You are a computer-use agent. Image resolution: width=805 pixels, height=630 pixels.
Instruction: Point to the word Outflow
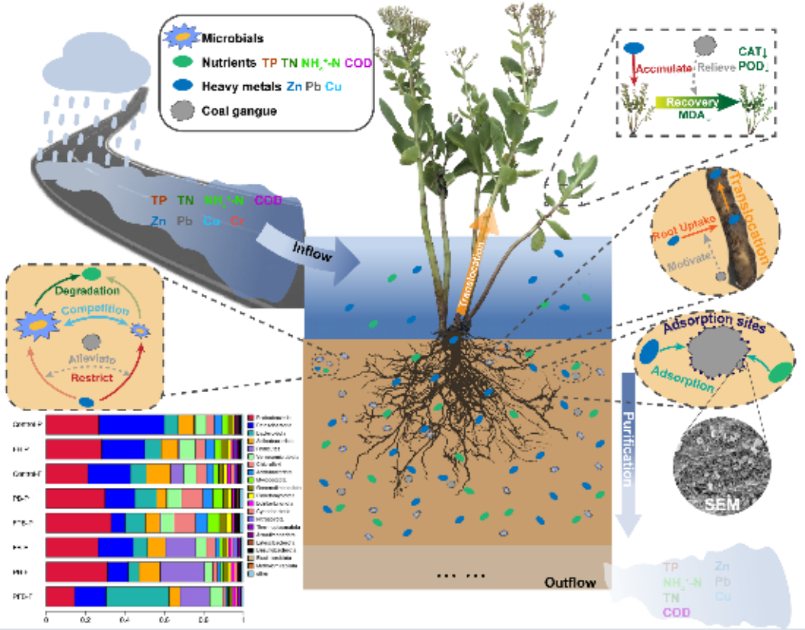click(x=570, y=583)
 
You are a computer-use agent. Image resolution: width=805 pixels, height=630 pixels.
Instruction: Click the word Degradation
click(x=90, y=290)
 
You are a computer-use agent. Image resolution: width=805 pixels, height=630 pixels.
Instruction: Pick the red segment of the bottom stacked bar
click(x=60, y=597)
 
